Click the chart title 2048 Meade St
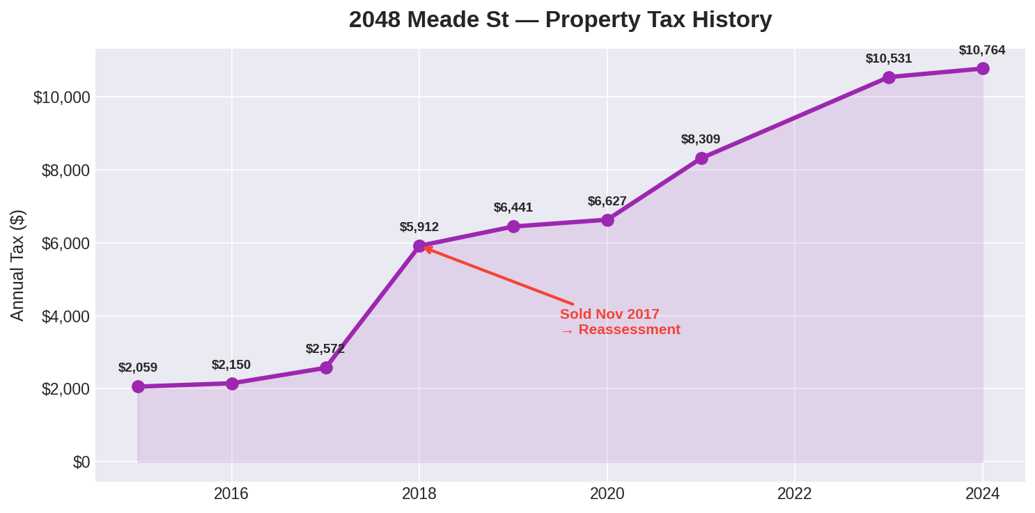[560, 19]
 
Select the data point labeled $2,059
[138, 386]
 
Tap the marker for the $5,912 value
[419, 246]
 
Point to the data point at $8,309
[701, 158]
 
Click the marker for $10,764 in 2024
[983, 68]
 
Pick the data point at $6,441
[513, 226]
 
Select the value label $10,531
[888, 58]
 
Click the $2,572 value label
[325, 349]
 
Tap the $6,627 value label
[607, 201]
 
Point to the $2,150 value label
[231, 365]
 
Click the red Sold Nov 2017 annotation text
[609, 314]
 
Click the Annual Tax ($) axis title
[17, 265]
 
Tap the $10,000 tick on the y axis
[62, 97]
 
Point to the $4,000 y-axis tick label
[65, 317]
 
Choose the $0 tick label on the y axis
[81, 462]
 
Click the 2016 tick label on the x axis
[231, 494]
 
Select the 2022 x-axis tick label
[795, 494]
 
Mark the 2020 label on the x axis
[607, 494]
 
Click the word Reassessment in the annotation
[629, 330]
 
